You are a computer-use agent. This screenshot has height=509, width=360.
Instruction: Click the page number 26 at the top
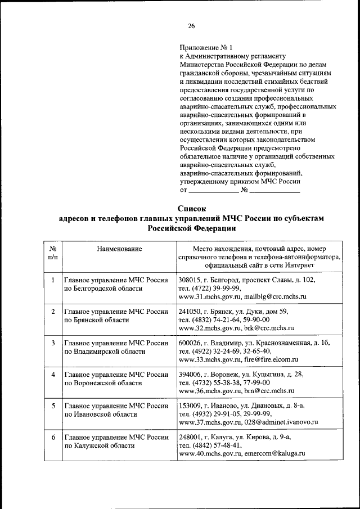pyautogui.click(x=191, y=26)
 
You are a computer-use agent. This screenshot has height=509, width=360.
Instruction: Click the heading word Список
pyautogui.click(x=192, y=209)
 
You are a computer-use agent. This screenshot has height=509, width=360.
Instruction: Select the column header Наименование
pyautogui.click(x=119, y=248)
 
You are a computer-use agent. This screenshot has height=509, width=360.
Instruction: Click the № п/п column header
pyautogui.click(x=52, y=253)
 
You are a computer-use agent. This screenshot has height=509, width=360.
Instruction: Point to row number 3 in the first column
pyautogui.click(x=52, y=343)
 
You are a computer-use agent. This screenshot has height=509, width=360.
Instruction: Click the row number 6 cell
pyautogui.click(x=52, y=436)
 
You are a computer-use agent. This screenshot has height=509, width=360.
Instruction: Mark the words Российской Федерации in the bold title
pyautogui.click(x=192, y=229)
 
